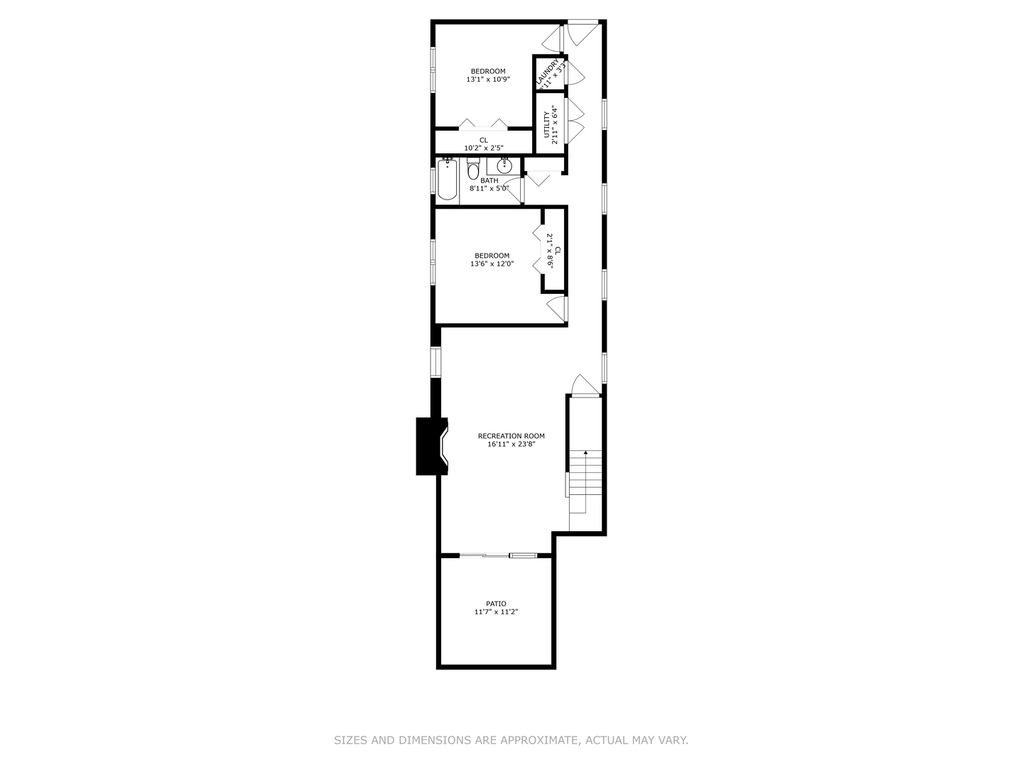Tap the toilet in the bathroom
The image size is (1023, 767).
coord(473,170)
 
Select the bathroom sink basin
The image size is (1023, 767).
coord(504,167)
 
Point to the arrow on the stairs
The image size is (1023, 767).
coord(585,452)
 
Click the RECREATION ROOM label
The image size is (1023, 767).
coord(511,436)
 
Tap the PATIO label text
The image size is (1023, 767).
coord(496,604)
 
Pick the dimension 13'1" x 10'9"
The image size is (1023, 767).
coord(488,80)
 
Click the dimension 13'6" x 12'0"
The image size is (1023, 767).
coord(492,264)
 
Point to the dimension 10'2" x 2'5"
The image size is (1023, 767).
coord(483,148)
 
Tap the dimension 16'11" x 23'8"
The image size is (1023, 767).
coord(511,445)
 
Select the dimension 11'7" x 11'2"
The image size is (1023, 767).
coord(496,612)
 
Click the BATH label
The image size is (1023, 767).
coord(489,180)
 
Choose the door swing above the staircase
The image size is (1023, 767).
coord(584,383)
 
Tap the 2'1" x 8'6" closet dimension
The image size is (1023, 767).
coord(549,251)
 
